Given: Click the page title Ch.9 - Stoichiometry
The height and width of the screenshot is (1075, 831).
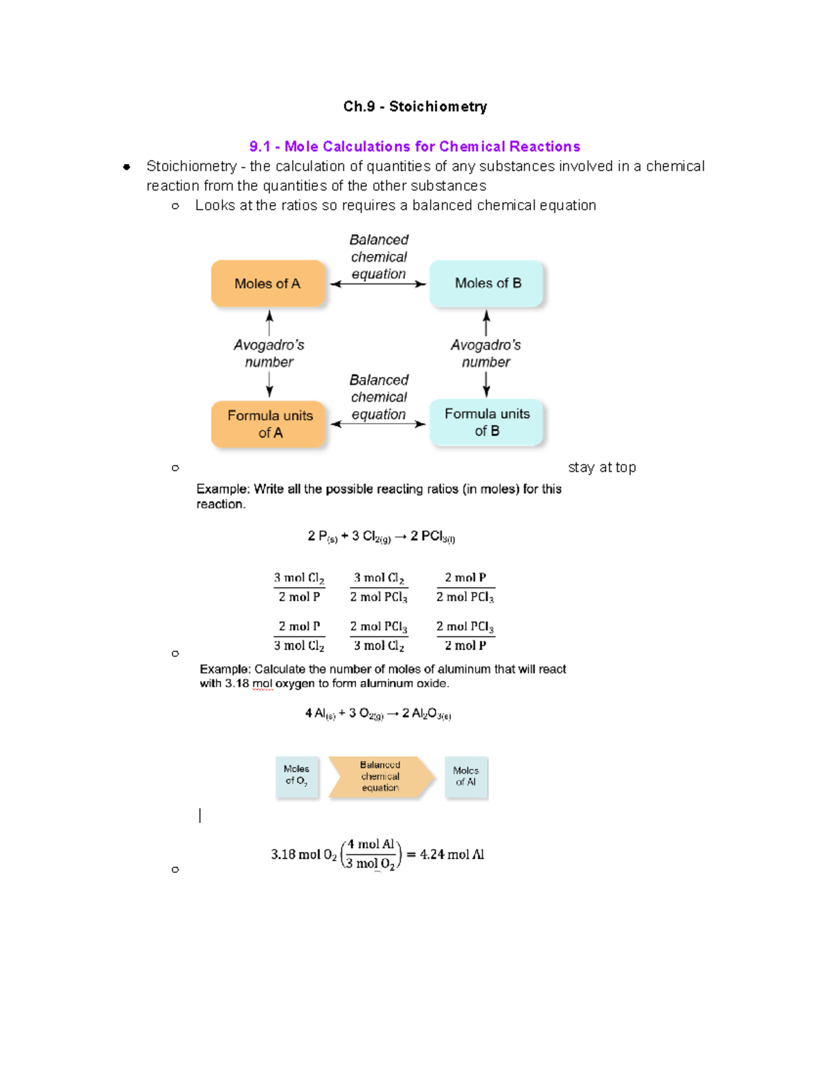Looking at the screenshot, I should point(415,107).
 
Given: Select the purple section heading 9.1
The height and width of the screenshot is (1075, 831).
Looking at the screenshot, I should point(414,147).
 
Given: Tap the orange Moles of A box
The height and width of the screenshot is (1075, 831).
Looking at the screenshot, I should point(268,284).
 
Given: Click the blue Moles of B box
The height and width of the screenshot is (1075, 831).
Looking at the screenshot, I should point(487,283).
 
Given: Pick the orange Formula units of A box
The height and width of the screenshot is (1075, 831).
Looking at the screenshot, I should point(269,424).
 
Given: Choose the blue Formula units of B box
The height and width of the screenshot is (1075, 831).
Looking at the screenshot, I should point(486,422).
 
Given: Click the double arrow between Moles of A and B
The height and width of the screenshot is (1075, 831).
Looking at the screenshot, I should point(378,284).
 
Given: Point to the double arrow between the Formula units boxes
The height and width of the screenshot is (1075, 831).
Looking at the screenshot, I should point(378,424).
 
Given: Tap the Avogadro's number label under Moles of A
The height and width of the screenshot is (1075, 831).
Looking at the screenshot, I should point(269,353).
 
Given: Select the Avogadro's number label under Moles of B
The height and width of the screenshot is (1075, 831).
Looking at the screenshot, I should point(485,353).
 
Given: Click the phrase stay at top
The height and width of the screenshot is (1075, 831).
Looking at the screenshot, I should point(601,468).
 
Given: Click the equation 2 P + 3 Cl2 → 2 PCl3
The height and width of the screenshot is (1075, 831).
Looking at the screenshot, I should point(381,536).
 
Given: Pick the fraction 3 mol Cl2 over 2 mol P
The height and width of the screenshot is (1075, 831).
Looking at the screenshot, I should point(299,587).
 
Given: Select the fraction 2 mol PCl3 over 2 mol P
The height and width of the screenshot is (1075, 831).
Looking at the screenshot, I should point(465,635).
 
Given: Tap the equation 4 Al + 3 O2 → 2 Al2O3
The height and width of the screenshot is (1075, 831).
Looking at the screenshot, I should point(378,714).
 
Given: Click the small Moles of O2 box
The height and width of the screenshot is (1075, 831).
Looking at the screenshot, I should point(297,776).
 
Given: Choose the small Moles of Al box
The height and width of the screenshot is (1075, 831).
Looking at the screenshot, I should point(466,777).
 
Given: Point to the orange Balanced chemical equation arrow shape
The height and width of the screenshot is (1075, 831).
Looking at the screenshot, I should point(381,777).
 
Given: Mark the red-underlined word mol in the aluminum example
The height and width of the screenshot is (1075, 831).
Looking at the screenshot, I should point(262,684).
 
